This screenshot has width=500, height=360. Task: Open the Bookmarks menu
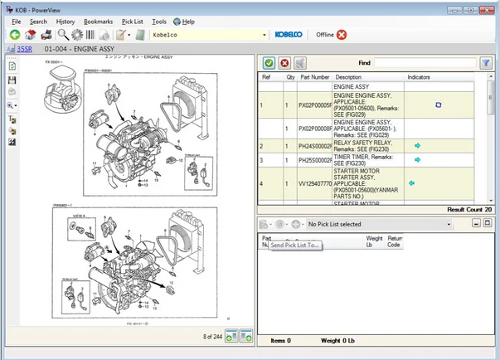(98, 21)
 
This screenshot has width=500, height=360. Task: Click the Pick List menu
(131, 21)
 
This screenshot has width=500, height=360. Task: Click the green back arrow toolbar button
(14, 35)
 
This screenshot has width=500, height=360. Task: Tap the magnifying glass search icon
(63, 35)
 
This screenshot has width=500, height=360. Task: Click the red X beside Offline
(342, 35)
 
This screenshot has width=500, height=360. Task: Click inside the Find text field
(424, 62)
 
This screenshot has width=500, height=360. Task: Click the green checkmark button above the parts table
(269, 62)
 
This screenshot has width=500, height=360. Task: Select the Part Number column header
(315, 77)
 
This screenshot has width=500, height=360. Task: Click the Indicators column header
(419, 77)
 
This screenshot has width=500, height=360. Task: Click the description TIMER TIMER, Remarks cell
(368, 159)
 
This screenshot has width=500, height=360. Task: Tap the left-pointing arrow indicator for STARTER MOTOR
(411, 182)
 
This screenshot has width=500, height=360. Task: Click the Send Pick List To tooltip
(294, 246)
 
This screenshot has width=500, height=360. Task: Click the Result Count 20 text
(471, 209)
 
